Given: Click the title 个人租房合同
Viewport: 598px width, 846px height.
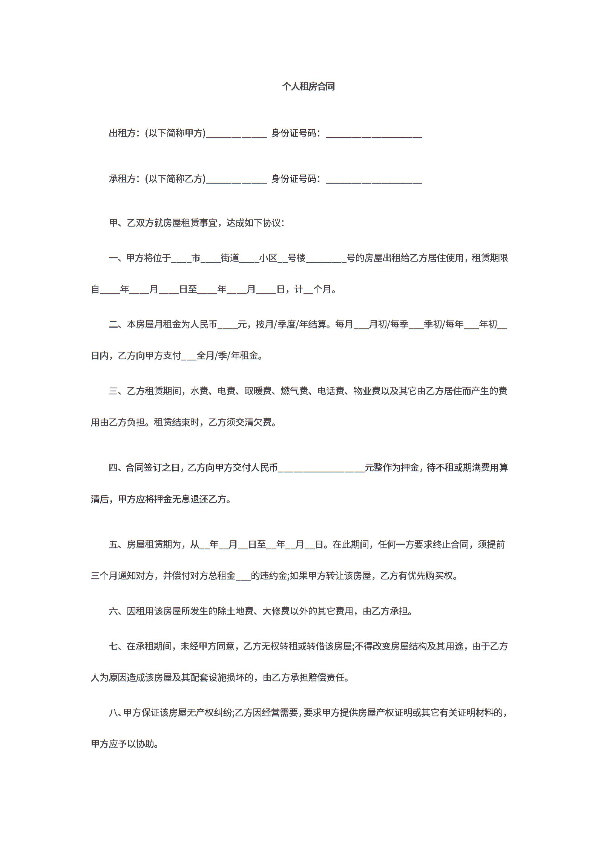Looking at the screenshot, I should coord(308,87).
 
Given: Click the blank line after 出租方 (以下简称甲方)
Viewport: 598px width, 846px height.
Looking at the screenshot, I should coord(236,134).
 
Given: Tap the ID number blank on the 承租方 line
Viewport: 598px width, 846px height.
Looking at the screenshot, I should coord(374,180).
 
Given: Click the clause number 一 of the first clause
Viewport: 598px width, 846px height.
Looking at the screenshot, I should coord(113,258).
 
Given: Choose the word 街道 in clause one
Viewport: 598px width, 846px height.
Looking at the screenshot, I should coord(230,258).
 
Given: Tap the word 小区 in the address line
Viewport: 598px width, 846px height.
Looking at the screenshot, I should coord(268,258).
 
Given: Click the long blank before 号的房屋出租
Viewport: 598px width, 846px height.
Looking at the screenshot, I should coord(326,260).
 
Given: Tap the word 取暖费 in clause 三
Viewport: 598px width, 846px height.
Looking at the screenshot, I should coord(258,391).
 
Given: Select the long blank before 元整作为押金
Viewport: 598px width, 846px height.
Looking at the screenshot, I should coord(321,469).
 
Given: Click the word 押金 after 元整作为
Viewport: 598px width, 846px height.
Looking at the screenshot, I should coord(410,468).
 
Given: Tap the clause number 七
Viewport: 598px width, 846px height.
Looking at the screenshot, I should coord(113,646).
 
